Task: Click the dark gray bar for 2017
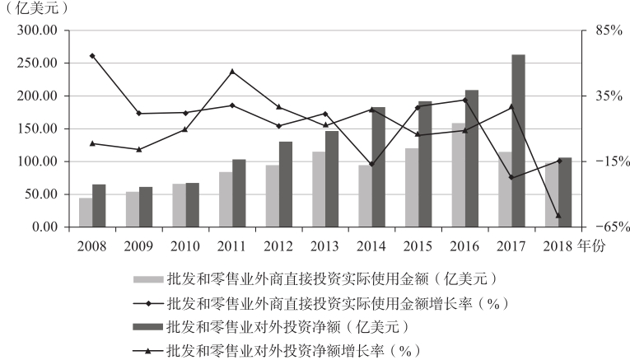[x=518, y=141]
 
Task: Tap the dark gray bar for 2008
[x=99, y=206]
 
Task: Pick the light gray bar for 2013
[x=319, y=189]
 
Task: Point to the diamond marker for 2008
[x=92, y=56]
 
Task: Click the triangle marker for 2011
[x=232, y=72]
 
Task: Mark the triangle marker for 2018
[x=558, y=216]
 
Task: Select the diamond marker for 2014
[x=371, y=165]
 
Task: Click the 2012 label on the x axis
[x=278, y=245]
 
